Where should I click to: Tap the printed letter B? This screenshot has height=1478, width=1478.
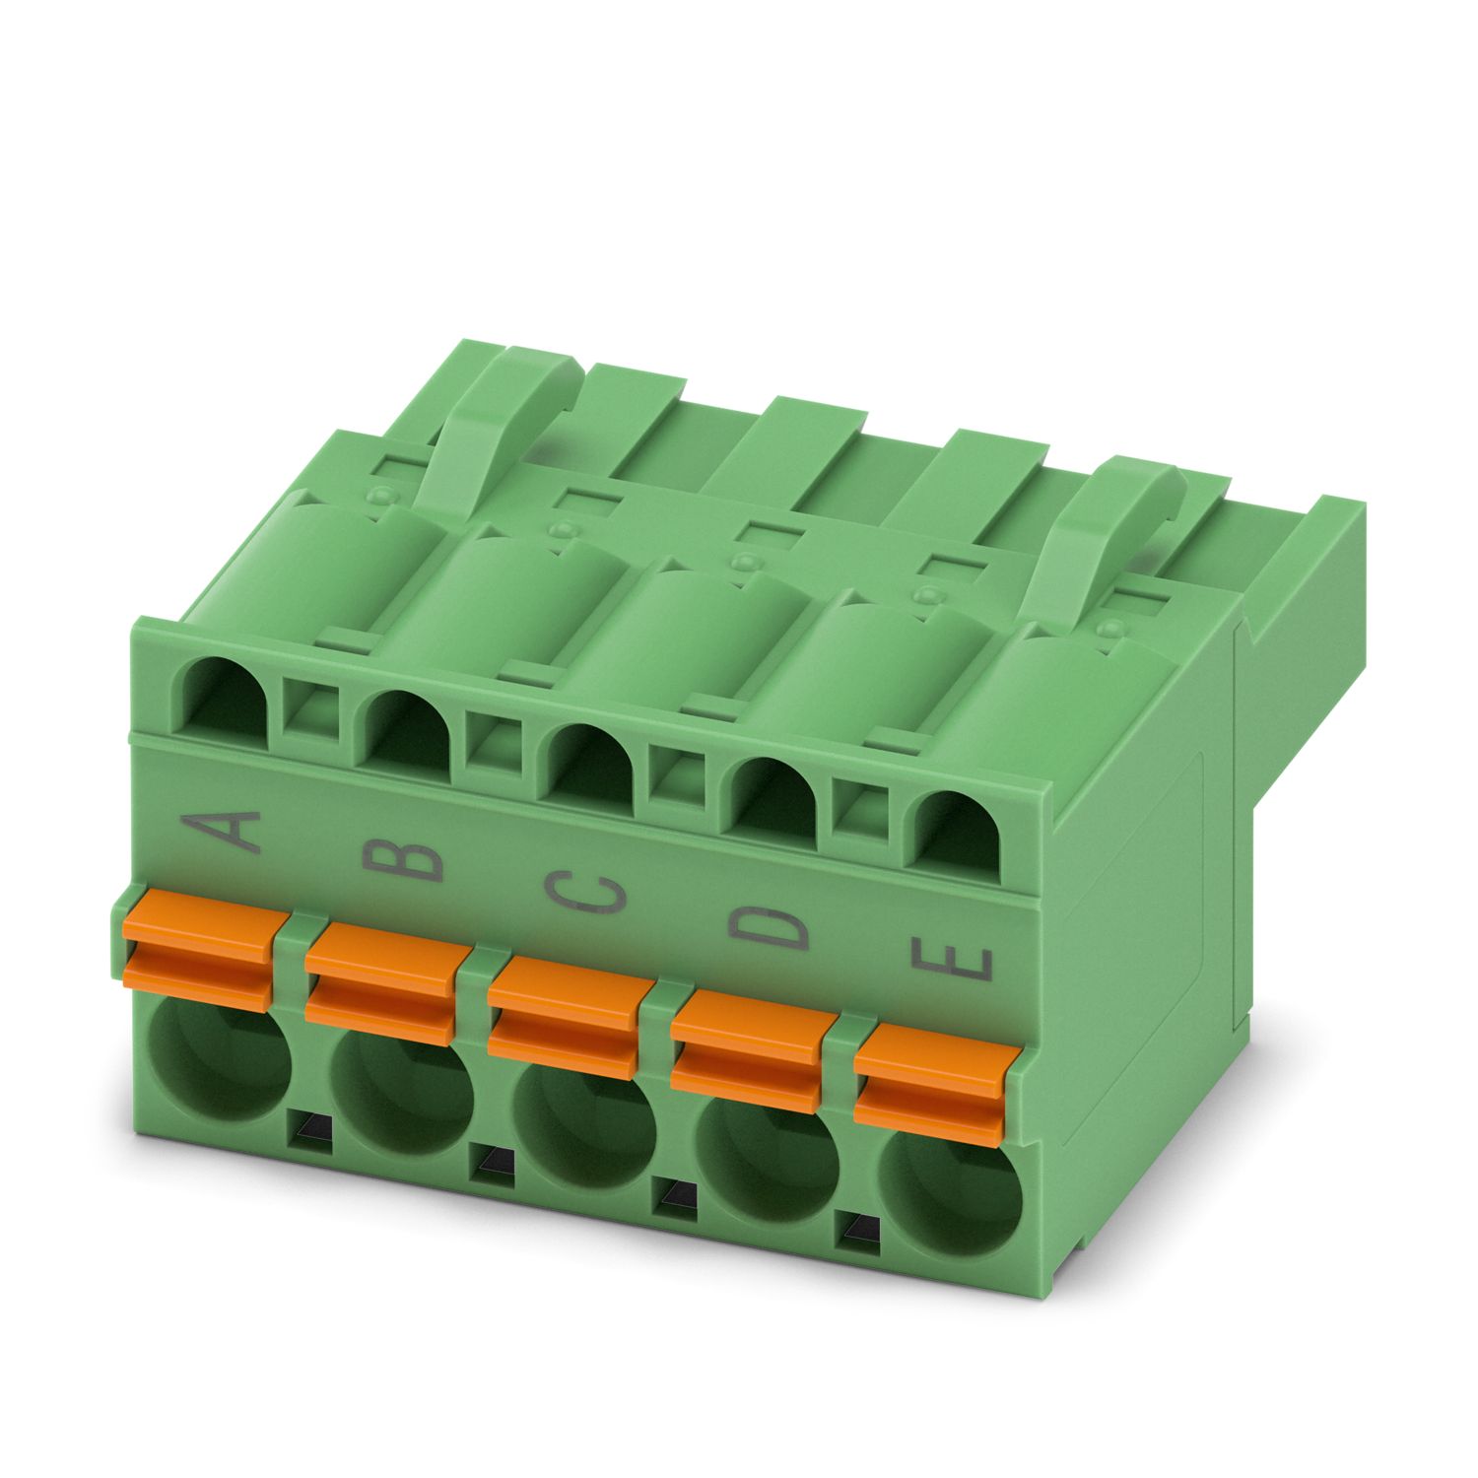point(403,858)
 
